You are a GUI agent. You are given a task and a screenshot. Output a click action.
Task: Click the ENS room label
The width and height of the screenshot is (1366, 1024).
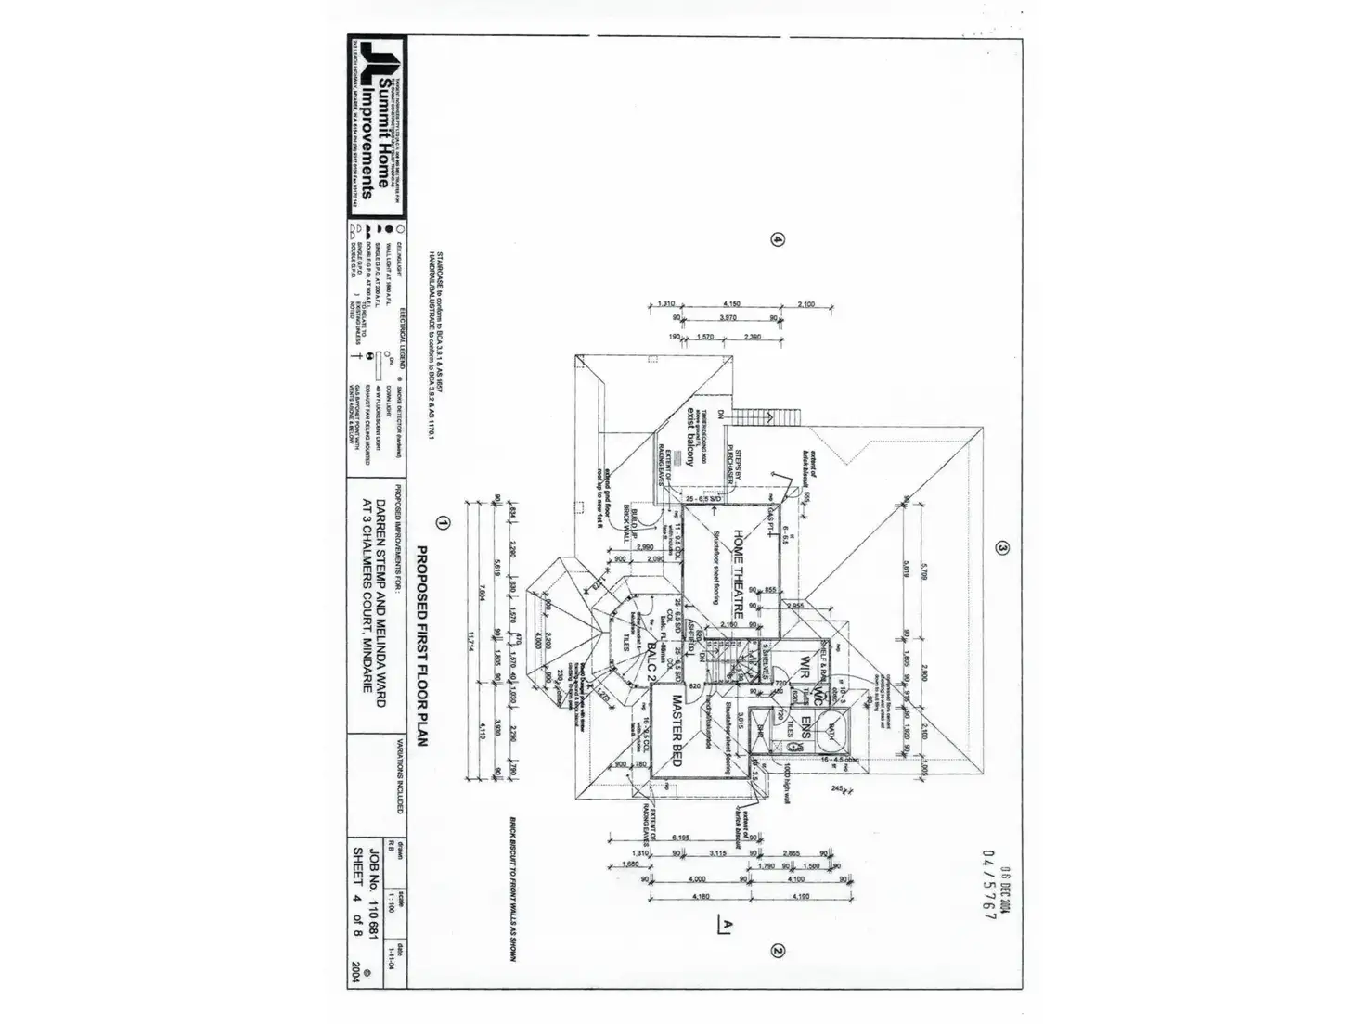point(805,726)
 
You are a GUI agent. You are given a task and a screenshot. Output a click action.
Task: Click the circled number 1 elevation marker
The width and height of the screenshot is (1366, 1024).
point(443,523)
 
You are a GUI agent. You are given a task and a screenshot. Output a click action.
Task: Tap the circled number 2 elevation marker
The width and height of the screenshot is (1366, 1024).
point(779,950)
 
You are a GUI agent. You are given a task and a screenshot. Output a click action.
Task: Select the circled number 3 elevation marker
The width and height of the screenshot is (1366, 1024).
point(1001,547)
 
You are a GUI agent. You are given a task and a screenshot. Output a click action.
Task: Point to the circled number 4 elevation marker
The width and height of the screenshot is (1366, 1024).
point(778,239)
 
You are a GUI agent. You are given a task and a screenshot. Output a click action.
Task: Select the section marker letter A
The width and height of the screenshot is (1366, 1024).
point(726,923)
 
